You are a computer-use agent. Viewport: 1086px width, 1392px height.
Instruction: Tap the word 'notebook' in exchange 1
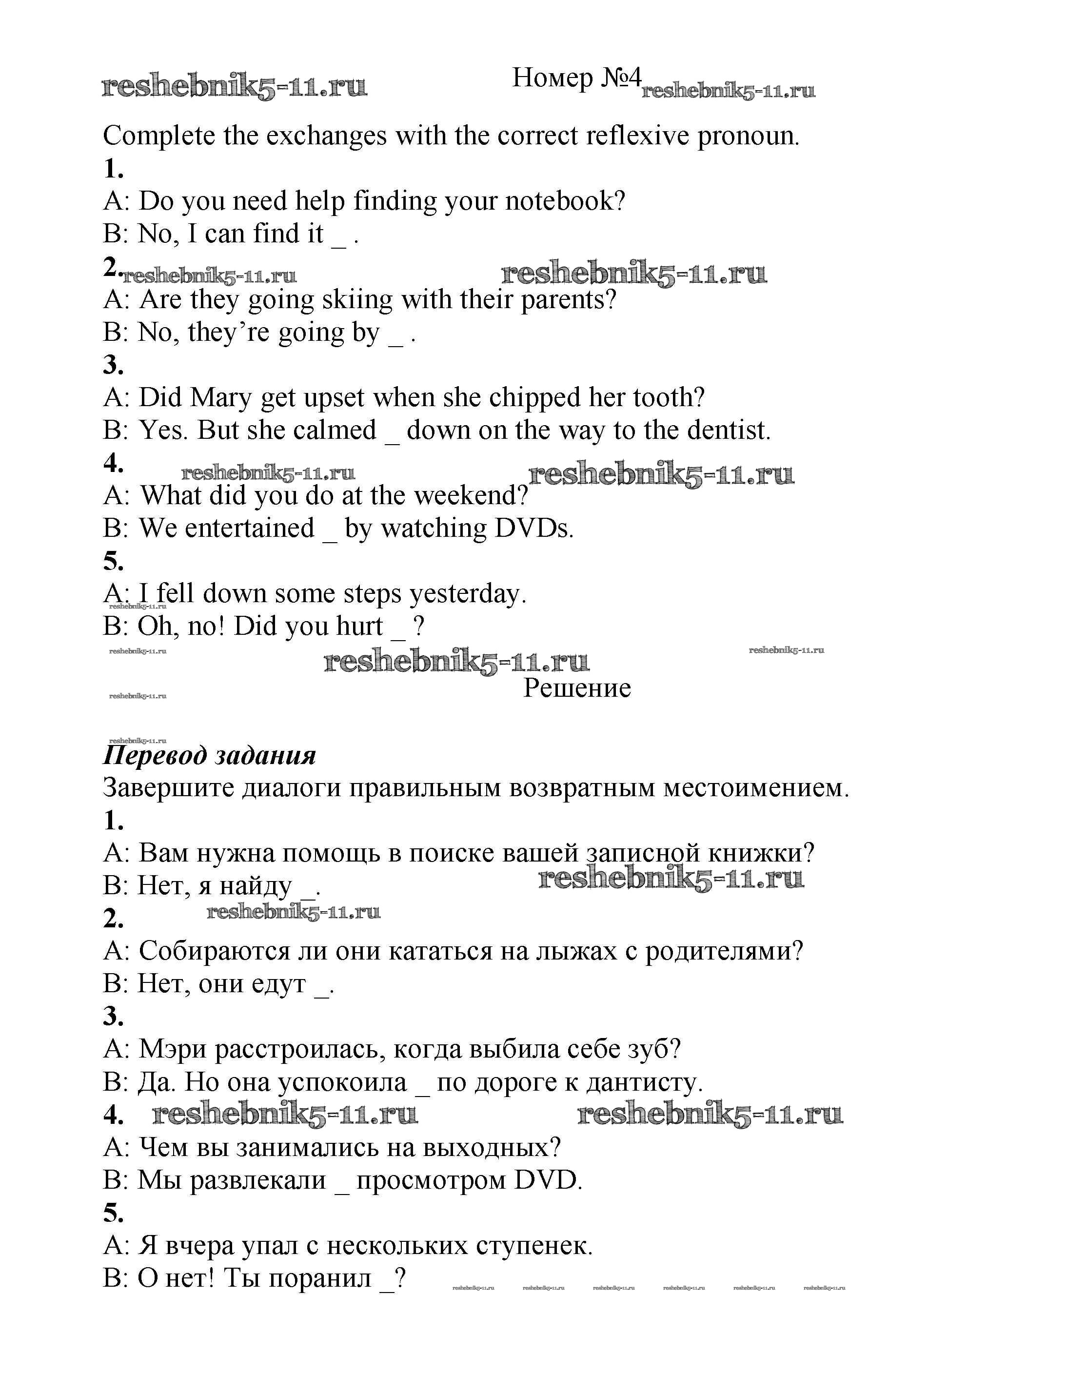tap(565, 201)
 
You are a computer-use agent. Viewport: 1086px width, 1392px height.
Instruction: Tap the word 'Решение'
tap(577, 688)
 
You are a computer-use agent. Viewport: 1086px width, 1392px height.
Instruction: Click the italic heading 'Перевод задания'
tap(209, 755)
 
